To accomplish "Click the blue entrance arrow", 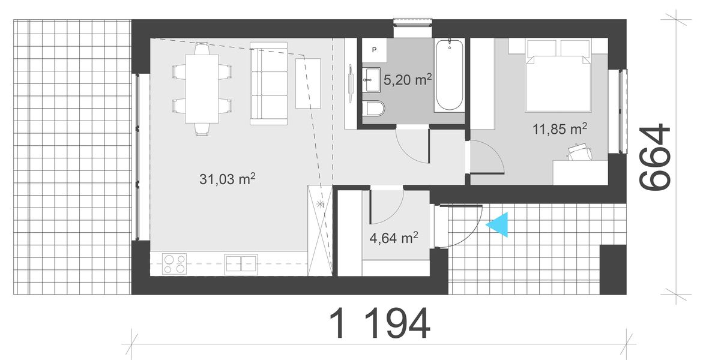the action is [x=499, y=225].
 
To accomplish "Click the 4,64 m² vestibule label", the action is [x=394, y=238].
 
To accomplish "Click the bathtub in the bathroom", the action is [x=448, y=75].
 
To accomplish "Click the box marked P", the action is [x=374, y=50].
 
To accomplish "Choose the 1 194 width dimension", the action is [x=380, y=325].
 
